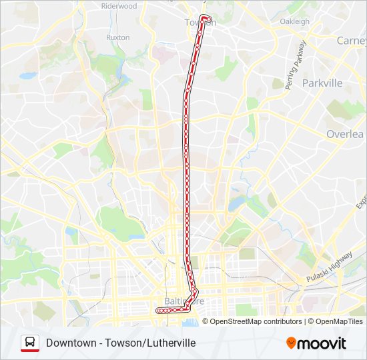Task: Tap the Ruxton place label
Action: (117, 37)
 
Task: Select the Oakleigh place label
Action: (294, 21)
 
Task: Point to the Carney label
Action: (351, 41)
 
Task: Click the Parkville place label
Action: (322, 83)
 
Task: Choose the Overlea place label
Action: (345, 134)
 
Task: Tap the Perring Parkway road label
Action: (295, 65)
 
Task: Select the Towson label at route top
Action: (200, 23)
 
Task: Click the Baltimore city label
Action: (183, 301)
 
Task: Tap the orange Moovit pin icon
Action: (291, 343)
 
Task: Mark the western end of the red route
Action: (158, 311)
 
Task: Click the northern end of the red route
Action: (204, 17)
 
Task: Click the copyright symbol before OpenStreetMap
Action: (206, 321)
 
